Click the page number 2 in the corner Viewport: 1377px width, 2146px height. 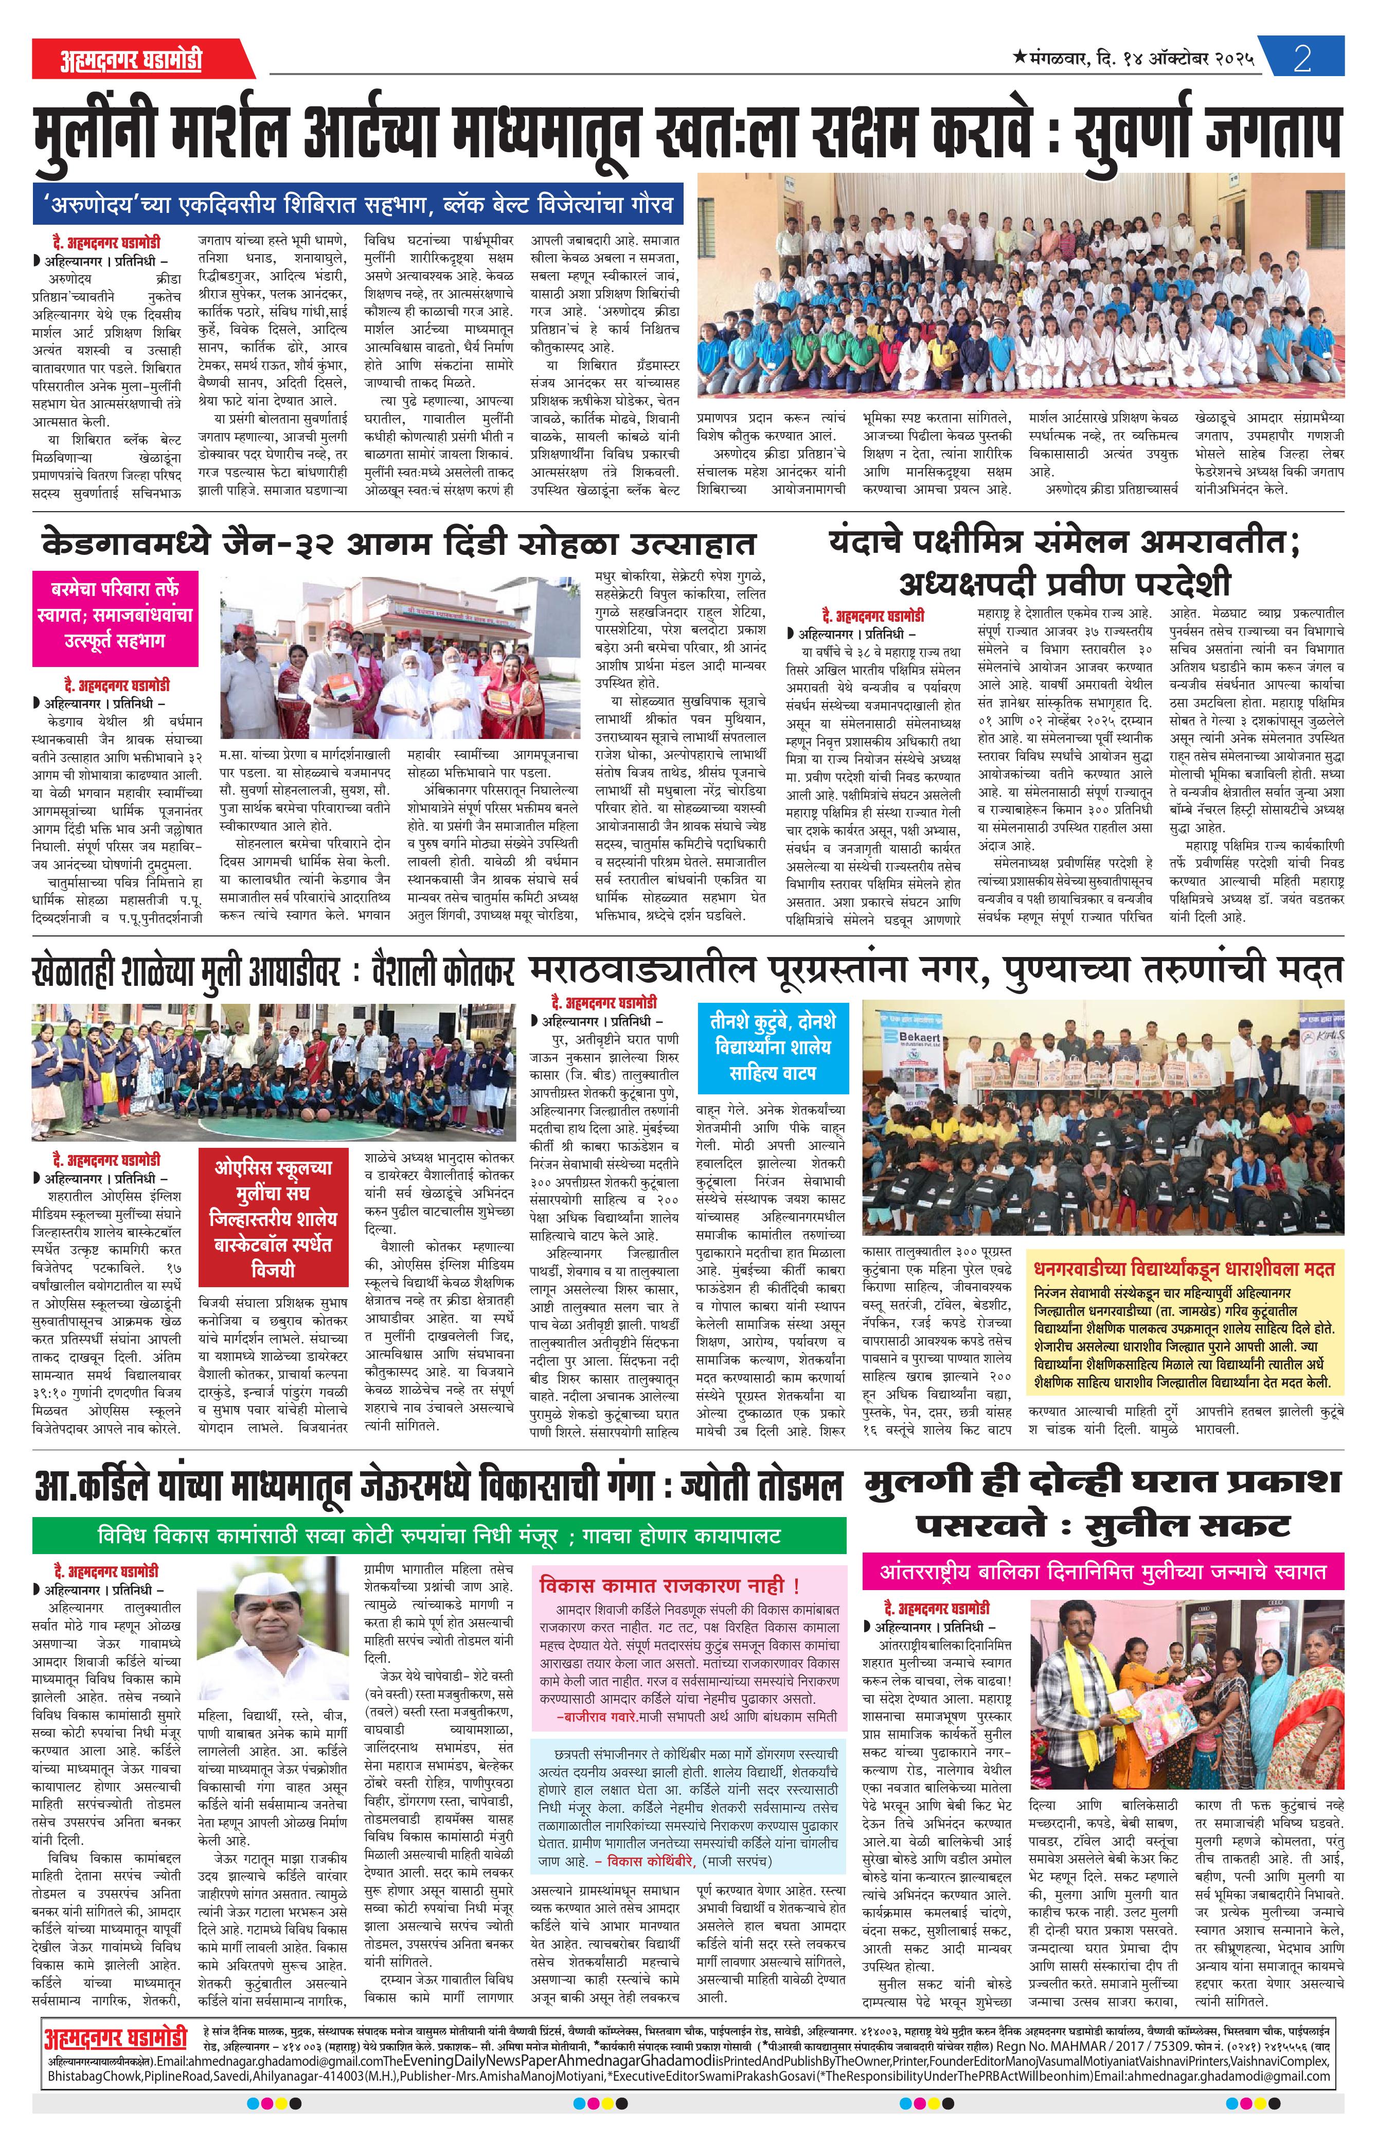(1302, 58)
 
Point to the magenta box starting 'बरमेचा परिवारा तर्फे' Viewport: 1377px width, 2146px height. (115, 615)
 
